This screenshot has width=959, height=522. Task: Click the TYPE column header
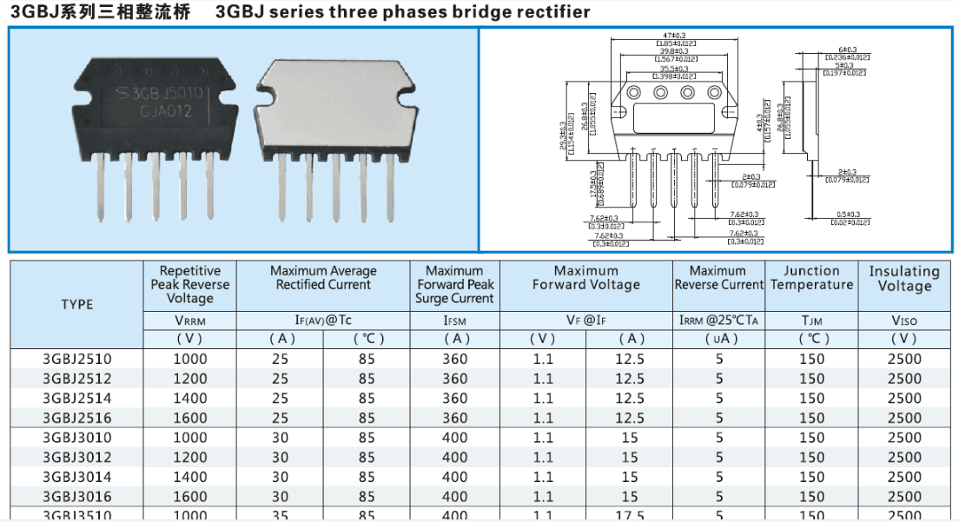77,304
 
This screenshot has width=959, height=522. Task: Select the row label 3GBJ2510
77,359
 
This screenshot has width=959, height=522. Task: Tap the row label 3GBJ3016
77,496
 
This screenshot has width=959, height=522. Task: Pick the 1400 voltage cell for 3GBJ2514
190,398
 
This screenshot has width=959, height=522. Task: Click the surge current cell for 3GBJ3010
454,438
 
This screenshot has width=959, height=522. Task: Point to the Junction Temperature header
811,278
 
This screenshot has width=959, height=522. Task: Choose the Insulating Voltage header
904,279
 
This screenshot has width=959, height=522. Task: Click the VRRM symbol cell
190,320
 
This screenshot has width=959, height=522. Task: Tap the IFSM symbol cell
454,320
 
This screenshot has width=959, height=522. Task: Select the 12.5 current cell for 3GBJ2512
630,379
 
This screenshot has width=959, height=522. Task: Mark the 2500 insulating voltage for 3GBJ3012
904,457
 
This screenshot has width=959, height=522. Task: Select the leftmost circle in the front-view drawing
633,93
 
